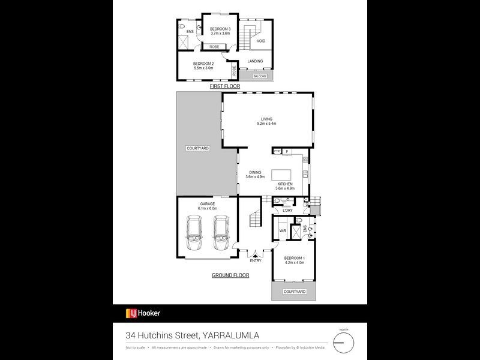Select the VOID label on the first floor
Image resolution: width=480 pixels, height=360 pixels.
tap(261, 41)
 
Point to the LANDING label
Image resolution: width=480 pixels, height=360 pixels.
tap(256, 61)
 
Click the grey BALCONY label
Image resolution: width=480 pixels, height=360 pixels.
tap(259, 76)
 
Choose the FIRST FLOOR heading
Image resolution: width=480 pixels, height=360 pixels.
tap(224, 86)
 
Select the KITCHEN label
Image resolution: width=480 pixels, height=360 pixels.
tap(284, 184)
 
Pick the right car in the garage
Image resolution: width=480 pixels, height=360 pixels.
tap(221, 234)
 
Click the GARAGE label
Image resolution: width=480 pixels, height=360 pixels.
tap(208, 204)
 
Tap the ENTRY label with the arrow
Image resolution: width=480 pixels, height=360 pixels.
tap(256, 259)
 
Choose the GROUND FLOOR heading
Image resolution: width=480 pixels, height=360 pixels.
tap(230, 275)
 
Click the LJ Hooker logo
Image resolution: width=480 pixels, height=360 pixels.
tap(143, 313)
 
